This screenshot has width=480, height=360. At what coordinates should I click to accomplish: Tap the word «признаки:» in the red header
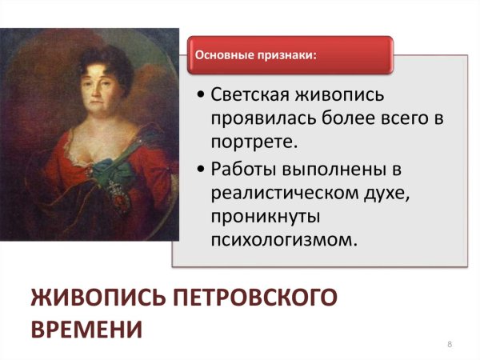[282, 56]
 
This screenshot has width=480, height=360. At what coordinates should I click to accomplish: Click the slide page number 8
[450, 344]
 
